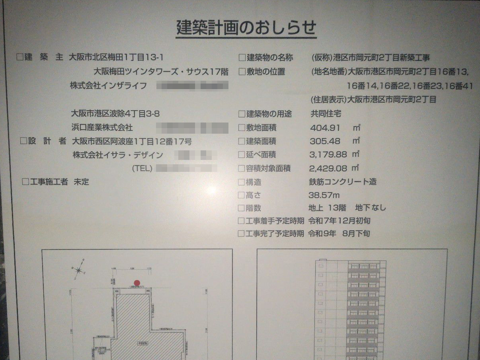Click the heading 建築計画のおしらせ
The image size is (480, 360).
click(x=246, y=28)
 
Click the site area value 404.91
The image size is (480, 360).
click(x=326, y=128)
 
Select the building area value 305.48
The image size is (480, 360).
click(x=326, y=141)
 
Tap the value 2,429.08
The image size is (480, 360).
click(x=328, y=168)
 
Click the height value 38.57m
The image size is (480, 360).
click(x=324, y=195)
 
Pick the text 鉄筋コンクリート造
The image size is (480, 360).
click(x=342, y=182)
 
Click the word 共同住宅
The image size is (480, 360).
click(x=326, y=114)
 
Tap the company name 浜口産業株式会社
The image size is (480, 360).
click(x=101, y=128)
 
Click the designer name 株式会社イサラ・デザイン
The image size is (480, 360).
click(x=118, y=155)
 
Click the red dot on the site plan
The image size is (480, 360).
click(x=137, y=283)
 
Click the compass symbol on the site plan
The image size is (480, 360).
click(x=79, y=270)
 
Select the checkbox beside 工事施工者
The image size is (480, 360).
click(x=25, y=182)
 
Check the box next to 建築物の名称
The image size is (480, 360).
click(x=242, y=58)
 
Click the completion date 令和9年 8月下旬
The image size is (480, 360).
click(x=339, y=234)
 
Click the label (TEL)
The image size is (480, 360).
click(x=142, y=168)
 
